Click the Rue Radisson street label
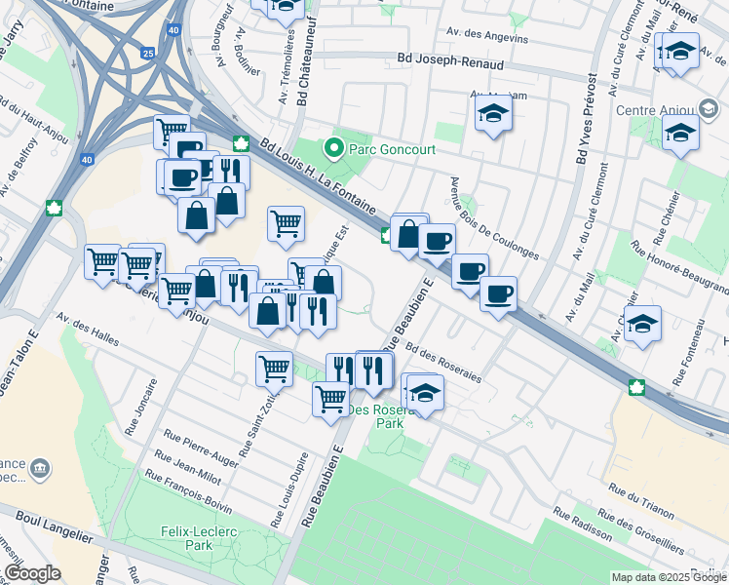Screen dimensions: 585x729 pyautogui.click(x=582, y=525)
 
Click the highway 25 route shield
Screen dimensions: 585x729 pyautogui.click(x=145, y=54)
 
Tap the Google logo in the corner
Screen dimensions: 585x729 pyautogui.click(x=32, y=573)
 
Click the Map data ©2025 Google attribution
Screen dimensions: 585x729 pyautogui.click(x=669, y=577)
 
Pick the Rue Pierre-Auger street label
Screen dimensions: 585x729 pyautogui.click(x=201, y=448)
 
